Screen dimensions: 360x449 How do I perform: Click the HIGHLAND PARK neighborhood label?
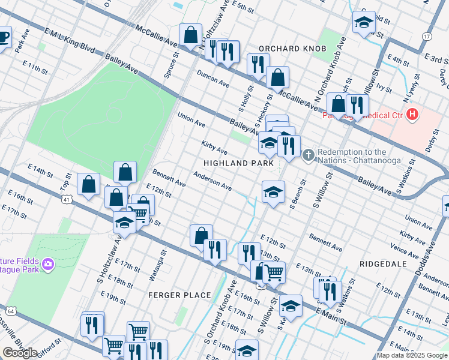click(x=238, y=163)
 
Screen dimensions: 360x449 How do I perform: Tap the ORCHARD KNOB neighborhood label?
click(x=292, y=48)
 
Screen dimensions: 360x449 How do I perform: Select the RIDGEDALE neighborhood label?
click(x=383, y=264)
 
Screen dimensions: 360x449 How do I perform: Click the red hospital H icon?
click(x=412, y=113)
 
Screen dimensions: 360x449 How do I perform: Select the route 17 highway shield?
click(x=427, y=37)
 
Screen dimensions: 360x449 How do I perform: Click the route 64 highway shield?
click(x=10, y=310)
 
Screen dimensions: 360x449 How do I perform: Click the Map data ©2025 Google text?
click(x=412, y=355)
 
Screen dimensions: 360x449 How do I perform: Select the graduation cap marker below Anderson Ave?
click(x=273, y=193)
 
